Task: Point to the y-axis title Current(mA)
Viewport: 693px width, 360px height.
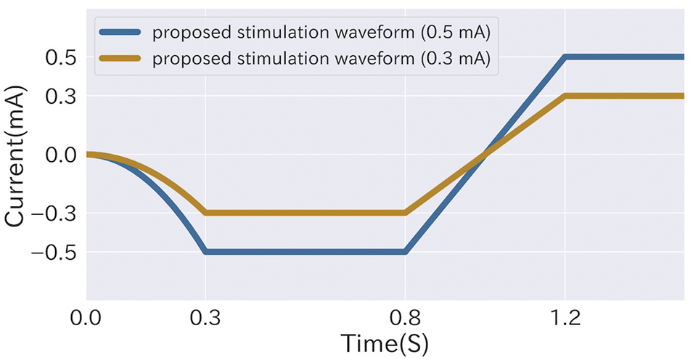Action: [x=18, y=155]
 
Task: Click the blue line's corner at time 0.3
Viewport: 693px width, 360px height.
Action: [x=206, y=251]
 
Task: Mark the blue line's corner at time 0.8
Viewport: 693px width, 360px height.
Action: [x=405, y=251]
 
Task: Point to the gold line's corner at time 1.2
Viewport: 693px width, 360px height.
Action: [x=564, y=96]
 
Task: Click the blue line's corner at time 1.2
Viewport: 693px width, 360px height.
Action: [x=564, y=57]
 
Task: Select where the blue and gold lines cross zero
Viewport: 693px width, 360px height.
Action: [x=484, y=154]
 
